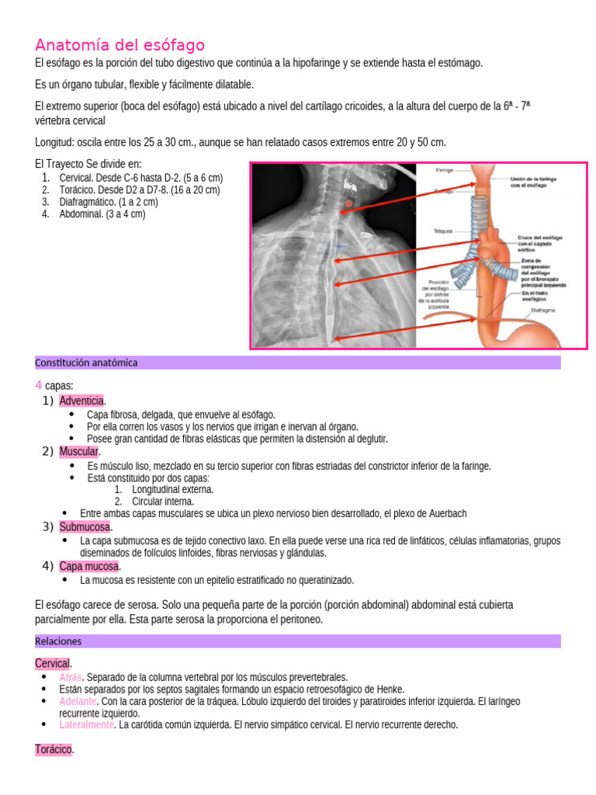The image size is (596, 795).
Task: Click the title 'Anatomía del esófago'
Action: pyautogui.click(x=120, y=45)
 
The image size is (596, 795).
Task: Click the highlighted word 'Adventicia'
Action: pyautogui.click(x=81, y=401)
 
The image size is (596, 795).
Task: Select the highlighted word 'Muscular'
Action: pyautogui.click(x=78, y=451)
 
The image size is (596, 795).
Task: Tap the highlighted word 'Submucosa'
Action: pyautogui.click(x=85, y=527)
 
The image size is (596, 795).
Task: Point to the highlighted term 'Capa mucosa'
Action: pyautogui.click(x=88, y=566)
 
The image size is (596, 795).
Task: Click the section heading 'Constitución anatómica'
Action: pyautogui.click(x=86, y=363)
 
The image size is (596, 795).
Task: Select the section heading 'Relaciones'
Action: pyautogui.click(x=58, y=641)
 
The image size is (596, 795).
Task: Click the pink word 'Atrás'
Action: pyautogui.click(x=70, y=677)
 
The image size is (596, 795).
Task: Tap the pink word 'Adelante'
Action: pyautogui.click(x=77, y=701)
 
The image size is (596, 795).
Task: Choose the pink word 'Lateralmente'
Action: pyautogui.click(x=85, y=724)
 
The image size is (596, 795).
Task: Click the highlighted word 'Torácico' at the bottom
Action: pyautogui.click(x=54, y=750)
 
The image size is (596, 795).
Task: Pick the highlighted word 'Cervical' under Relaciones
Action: pyautogui.click(x=53, y=664)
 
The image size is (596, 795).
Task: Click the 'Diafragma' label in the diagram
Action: pyautogui.click(x=542, y=310)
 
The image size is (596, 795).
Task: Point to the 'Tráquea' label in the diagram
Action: pyautogui.click(x=444, y=231)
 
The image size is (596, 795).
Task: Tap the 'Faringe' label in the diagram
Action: pyautogui.click(x=445, y=168)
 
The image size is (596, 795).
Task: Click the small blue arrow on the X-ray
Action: pyautogui.click(x=339, y=246)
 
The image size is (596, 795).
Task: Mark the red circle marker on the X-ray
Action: pyautogui.click(x=348, y=203)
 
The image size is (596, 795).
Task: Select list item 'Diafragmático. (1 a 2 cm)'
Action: pyautogui.click(x=108, y=202)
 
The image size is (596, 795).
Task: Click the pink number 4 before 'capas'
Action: pyautogui.click(x=38, y=386)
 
